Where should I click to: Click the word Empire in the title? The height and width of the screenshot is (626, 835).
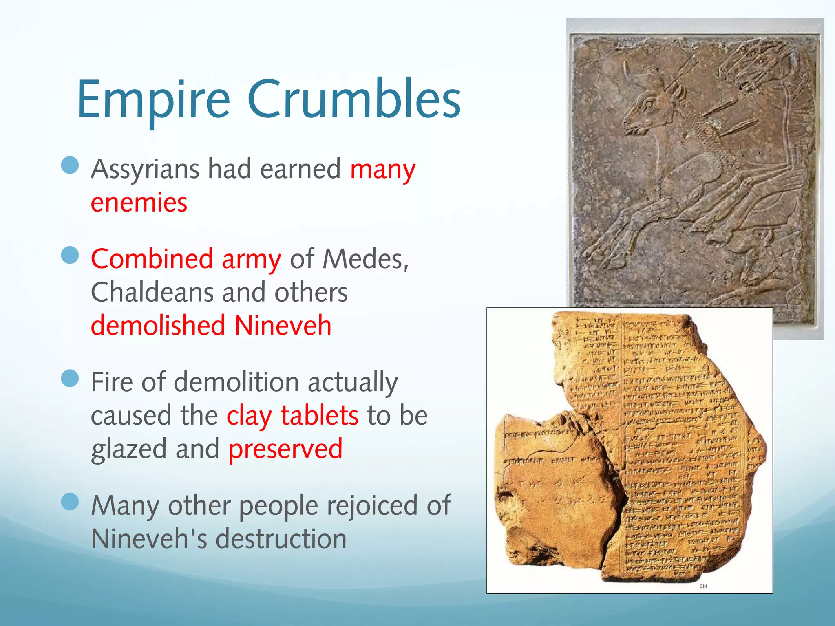point(153,100)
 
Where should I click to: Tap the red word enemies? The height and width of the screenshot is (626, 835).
point(139,203)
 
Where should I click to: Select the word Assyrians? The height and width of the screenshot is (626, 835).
point(145,169)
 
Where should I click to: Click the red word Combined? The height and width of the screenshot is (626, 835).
point(152,259)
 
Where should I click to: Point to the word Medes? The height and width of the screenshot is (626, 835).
point(364,259)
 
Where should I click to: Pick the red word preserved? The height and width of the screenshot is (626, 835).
point(285,449)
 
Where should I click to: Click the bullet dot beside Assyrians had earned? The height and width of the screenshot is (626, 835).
point(70,165)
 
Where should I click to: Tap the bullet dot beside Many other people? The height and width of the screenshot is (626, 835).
point(70,502)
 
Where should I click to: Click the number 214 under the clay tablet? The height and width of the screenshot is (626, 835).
point(703,586)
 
